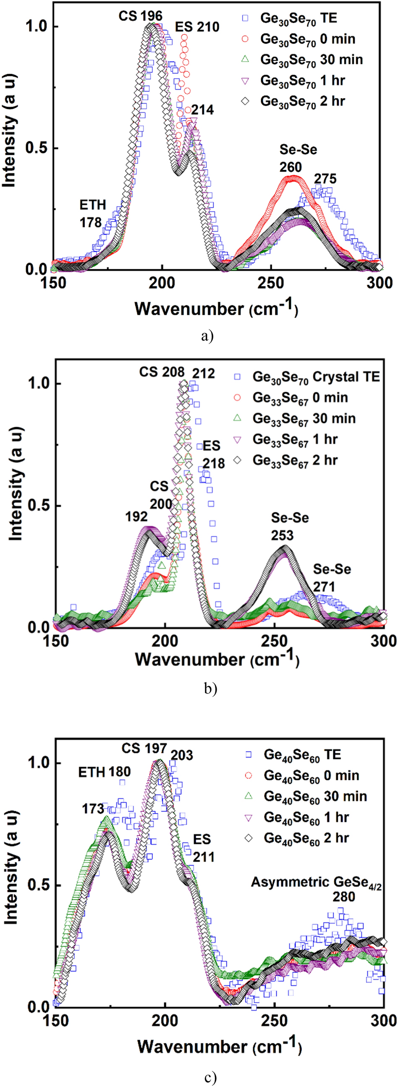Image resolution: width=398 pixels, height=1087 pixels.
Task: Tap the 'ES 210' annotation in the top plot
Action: [197, 27]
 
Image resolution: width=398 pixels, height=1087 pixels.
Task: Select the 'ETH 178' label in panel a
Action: [92, 214]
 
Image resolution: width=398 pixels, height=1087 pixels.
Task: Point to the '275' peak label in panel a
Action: [325, 179]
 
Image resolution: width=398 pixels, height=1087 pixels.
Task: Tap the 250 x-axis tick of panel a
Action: [270, 283]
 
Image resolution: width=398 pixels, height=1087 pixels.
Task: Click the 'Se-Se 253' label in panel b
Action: [290, 526]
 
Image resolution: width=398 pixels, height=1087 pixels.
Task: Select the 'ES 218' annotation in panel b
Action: [213, 454]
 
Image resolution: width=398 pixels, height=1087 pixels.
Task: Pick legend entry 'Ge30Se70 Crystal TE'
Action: [316, 376]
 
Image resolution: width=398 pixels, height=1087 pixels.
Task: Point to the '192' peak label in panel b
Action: [136, 516]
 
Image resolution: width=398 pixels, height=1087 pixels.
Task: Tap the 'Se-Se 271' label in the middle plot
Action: [332, 578]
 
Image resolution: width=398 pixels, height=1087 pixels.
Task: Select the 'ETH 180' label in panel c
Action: [104, 772]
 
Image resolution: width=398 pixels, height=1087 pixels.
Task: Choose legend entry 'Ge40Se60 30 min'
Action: [315, 796]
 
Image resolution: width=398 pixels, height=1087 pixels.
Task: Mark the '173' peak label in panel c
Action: [93, 808]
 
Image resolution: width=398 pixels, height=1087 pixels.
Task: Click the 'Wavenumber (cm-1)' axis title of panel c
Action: [219, 1046]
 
